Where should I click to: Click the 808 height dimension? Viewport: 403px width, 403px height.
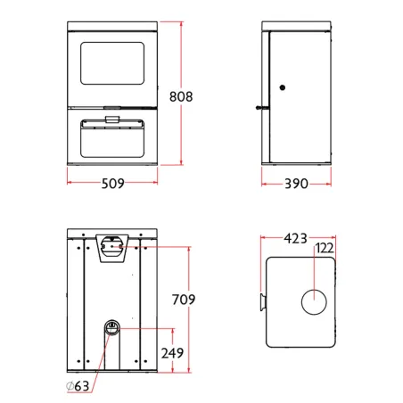click(x=181, y=96)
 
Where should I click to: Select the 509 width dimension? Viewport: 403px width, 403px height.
click(x=113, y=184)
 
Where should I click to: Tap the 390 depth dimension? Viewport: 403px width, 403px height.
click(x=296, y=184)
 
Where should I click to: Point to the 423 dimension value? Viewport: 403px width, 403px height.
click(x=295, y=238)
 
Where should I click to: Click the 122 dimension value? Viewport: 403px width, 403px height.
click(x=325, y=248)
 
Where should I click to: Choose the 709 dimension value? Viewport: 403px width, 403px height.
click(x=184, y=300)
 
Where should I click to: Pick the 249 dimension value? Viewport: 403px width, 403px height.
click(x=172, y=353)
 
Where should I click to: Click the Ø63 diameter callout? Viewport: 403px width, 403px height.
click(x=78, y=386)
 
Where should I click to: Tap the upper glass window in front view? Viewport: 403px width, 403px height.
click(x=112, y=63)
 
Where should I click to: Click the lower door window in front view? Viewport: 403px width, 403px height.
click(x=112, y=139)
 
